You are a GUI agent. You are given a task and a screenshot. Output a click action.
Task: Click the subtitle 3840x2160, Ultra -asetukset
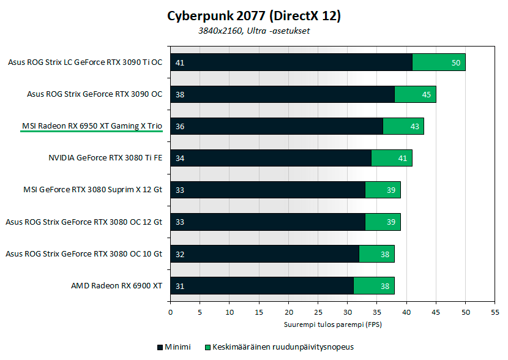pyautogui.click(x=253, y=31)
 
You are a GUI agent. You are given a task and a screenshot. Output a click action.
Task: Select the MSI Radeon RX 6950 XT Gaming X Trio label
pyautogui.click(x=92, y=126)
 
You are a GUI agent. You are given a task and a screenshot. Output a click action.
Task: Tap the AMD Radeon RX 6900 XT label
pyautogui.click(x=116, y=285)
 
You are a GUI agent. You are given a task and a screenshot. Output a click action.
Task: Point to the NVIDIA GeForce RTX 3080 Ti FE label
pyautogui.click(x=105, y=158)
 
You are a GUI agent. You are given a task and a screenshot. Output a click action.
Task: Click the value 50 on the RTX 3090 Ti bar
pyautogui.click(x=455, y=62)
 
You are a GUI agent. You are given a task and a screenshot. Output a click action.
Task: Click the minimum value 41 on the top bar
pyautogui.click(x=179, y=62)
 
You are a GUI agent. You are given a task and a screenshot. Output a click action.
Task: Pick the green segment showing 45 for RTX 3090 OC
pyautogui.click(x=415, y=94)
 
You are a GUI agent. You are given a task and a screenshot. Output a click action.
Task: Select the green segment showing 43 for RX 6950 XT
pyautogui.click(x=403, y=126)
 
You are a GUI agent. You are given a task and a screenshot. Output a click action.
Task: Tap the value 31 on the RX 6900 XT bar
pyautogui.click(x=179, y=285)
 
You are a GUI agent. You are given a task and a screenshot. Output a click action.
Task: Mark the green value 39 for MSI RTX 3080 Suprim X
pyautogui.click(x=390, y=190)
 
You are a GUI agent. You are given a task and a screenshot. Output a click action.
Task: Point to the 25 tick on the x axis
pyautogui.click(x=318, y=312)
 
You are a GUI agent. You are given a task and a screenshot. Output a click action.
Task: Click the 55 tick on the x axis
pyautogui.click(x=495, y=312)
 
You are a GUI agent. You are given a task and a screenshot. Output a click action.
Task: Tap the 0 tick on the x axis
pyautogui.click(x=170, y=312)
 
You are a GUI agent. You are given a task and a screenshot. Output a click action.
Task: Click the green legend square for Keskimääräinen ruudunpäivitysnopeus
pyautogui.click(x=207, y=347)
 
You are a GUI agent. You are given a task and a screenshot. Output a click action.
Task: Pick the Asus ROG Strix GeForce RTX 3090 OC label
pyautogui.click(x=94, y=94)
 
